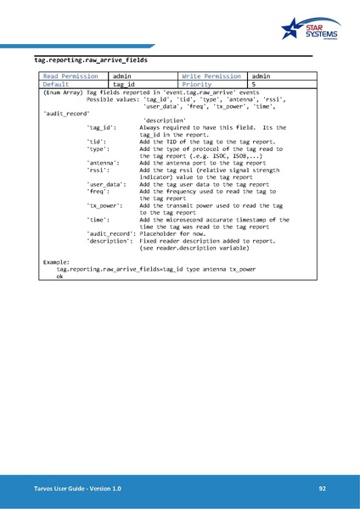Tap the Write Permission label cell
pyautogui.click(x=213, y=76)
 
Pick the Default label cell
pyautogui.click(x=57, y=85)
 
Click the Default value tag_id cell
pyautogui.click(x=125, y=85)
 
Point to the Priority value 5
pyautogui.click(x=254, y=85)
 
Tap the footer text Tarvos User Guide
pyautogui.click(x=72, y=489)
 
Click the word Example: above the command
pyautogui.click(x=59, y=262)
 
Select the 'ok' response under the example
pyautogui.click(x=60, y=277)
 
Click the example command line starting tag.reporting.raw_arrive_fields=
pyautogui.click(x=156, y=269)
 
